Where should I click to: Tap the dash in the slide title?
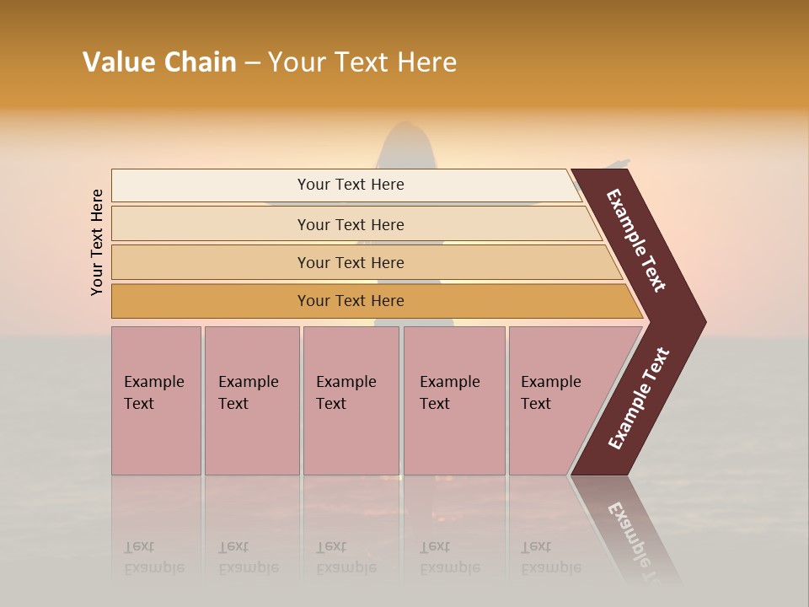point(252,63)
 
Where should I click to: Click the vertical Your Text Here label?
point(97,242)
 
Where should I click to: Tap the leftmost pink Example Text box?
point(156,400)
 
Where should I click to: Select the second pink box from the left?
point(251,400)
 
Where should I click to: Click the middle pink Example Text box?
point(351,400)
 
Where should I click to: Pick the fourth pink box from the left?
point(454,400)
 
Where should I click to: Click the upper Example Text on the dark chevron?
point(636,240)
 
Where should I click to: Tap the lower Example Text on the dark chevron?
point(638,399)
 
